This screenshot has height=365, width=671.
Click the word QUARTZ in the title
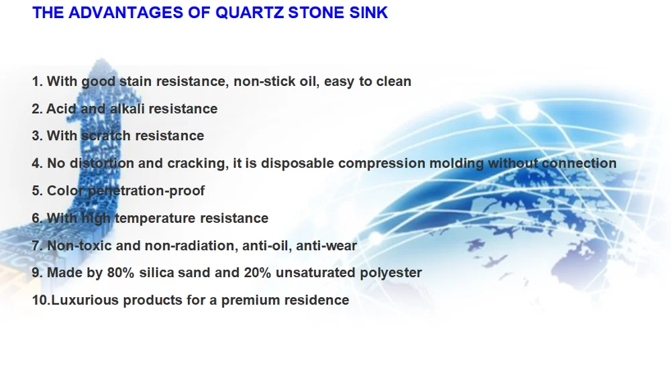250,13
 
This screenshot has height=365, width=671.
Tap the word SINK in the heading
368,12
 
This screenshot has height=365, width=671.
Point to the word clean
394,81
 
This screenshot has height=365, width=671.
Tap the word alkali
127,109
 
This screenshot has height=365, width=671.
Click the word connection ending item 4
579,163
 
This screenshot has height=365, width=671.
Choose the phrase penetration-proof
146,191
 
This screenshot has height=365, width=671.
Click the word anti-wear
327,246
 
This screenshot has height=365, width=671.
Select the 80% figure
121,272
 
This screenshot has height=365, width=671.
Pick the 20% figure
258,272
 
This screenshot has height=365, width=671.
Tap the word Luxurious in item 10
85,300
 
